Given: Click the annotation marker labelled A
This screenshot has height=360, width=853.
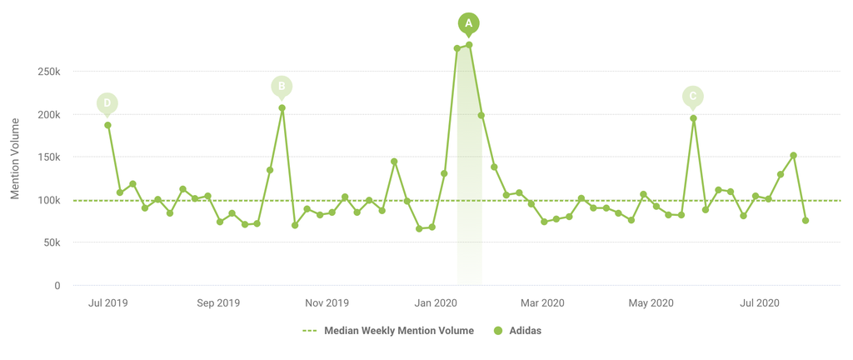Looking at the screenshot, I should (469, 23).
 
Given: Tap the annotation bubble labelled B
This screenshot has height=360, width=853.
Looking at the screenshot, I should (282, 86).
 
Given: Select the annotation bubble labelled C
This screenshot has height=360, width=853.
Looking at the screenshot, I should (692, 97).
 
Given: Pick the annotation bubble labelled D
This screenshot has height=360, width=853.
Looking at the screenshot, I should (107, 104).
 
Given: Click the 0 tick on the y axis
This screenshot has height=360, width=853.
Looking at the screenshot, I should (57, 286).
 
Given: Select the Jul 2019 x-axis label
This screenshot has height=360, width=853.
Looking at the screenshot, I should (107, 303).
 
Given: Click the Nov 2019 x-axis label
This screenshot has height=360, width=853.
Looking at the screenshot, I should (327, 303).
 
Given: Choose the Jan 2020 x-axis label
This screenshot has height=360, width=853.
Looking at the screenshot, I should (435, 303).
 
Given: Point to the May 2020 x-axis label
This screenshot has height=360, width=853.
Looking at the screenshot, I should (651, 303).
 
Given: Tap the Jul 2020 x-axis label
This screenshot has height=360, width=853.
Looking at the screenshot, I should (759, 303).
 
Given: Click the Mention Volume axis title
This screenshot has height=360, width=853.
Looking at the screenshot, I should (15, 158).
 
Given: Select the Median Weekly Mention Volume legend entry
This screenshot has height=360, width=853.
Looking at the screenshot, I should (388, 331).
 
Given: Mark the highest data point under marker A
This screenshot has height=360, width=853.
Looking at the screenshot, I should (469, 45).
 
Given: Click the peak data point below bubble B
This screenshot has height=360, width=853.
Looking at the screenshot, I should (282, 108).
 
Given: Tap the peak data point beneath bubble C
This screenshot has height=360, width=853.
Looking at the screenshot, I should (693, 118).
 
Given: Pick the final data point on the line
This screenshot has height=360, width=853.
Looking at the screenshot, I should (806, 220).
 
